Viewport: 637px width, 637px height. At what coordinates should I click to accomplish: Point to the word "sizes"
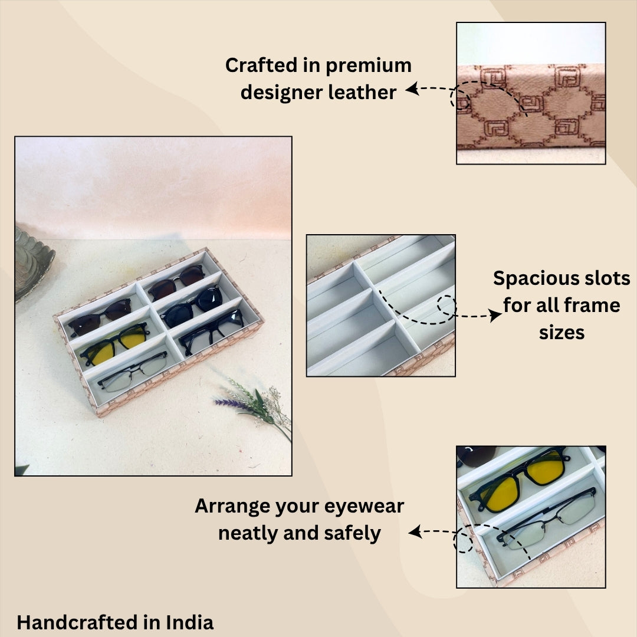pyautogui.click(x=562, y=332)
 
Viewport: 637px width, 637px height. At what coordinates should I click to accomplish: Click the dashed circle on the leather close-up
pyautogui.click(x=461, y=99)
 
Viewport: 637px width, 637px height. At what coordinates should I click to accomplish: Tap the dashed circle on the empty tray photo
pyautogui.click(x=447, y=306)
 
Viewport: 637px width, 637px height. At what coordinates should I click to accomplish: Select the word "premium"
pyautogui.click(x=369, y=65)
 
